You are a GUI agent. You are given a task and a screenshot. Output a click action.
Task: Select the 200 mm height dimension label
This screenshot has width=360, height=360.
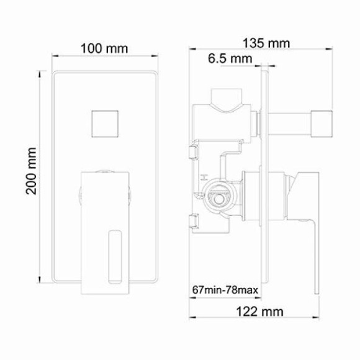(x=30, y=170)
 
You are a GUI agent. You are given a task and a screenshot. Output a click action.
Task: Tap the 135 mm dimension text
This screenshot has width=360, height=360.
(x=265, y=43)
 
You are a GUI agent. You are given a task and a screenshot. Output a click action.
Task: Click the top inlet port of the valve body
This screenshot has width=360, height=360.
(x=227, y=97)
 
